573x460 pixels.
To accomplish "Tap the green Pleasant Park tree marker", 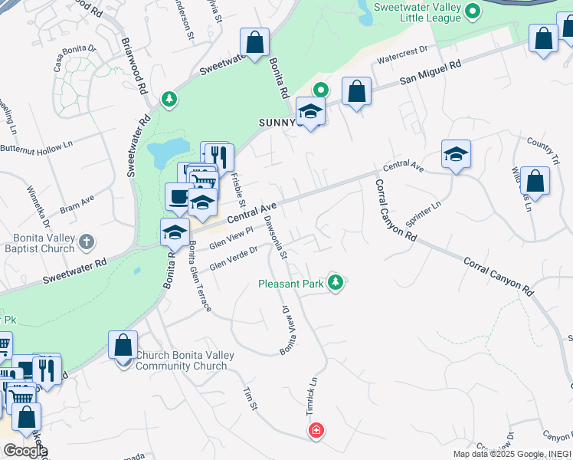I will pos(335,283).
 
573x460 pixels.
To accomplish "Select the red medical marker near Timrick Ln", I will pos(316,432).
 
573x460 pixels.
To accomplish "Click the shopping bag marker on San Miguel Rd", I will pos(356,92).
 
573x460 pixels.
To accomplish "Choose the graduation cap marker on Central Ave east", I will pos(456,155).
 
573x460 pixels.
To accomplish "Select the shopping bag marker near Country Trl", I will pos(535,182).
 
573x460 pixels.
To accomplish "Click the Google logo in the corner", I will pos(25,451).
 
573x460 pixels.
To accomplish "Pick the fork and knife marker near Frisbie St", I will pos(220,157).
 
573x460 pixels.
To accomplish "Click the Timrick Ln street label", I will pos(311,397).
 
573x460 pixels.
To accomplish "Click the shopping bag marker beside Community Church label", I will pos(123,347).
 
